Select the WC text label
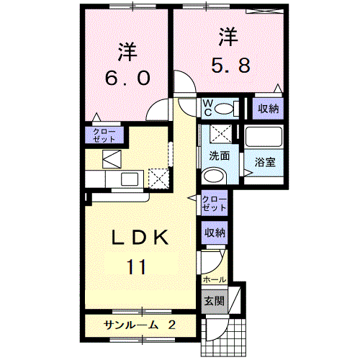coord(206,107)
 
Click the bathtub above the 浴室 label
coord(264,136)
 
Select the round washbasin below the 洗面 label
coord(214,175)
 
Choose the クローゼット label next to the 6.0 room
coord(105,135)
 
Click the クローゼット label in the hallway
coord(215,203)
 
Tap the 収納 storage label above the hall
coord(215,233)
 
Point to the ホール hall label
coord(215,279)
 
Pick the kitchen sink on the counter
coord(130,178)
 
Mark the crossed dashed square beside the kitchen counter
coord(158,176)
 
